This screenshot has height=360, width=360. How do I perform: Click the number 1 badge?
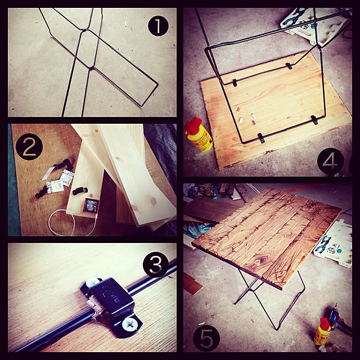click(x=158, y=26)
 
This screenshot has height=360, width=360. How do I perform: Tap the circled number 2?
click(x=29, y=147)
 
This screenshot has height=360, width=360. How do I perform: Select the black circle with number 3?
click(x=156, y=265)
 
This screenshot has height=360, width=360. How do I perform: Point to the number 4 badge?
click(x=330, y=161)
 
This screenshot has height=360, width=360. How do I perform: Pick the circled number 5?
click(x=206, y=338)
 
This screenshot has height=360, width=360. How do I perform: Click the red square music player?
click(x=91, y=205)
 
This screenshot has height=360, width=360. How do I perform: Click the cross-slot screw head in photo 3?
click(x=130, y=325)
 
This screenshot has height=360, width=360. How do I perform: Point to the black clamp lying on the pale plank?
click(x=80, y=191)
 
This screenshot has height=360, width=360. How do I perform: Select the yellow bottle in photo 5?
click(x=322, y=332)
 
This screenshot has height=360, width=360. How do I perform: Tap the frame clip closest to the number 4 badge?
click(x=314, y=120)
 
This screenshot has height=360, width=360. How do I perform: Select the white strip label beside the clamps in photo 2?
click(x=48, y=173)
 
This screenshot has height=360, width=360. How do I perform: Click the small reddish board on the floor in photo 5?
click(x=192, y=283)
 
